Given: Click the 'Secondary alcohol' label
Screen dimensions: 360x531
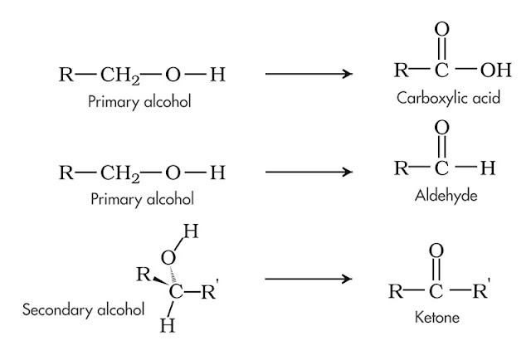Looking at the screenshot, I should pyautogui.click(x=81, y=309).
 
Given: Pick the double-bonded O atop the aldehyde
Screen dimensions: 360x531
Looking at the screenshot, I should pyautogui.click(x=441, y=128).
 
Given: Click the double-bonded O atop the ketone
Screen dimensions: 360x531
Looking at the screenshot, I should pyautogui.click(x=438, y=250).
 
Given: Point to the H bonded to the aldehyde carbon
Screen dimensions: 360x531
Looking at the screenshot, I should pyautogui.click(x=488, y=169).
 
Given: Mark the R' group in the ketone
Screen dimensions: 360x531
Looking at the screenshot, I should pyautogui.click(x=480, y=290).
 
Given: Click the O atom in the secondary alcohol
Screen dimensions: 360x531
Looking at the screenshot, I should pyautogui.click(x=168, y=258).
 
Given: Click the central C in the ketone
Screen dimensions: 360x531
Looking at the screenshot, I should pyautogui.click(x=437, y=291).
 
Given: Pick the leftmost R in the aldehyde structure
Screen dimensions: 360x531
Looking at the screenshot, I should pyautogui.click(x=399, y=169).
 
